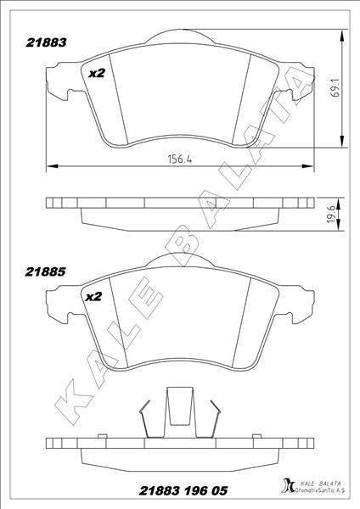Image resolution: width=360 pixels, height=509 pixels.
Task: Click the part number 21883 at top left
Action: pyautogui.click(x=46, y=42)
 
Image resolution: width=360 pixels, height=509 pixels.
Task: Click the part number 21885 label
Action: pyautogui.click(x=46, y=272)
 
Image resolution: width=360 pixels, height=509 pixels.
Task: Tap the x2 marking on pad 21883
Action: pyautogui.click(x=97, y=74)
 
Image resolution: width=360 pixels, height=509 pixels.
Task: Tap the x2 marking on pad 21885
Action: pyautogui.click(x=93, y=297)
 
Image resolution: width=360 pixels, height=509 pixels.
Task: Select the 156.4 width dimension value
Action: pyautogui.click(x=179, y=159)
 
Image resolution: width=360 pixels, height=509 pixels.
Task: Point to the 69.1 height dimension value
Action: pyautogui.click(x=335, y=87)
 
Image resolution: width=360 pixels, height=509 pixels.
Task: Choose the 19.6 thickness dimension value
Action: pyautogui.click(x=332, y=214)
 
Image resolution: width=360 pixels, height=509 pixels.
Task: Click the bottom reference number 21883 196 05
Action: pyautogui.click(x=183, y=490)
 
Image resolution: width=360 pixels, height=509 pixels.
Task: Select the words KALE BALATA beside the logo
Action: pyautogui.click(x=319, y=484)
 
